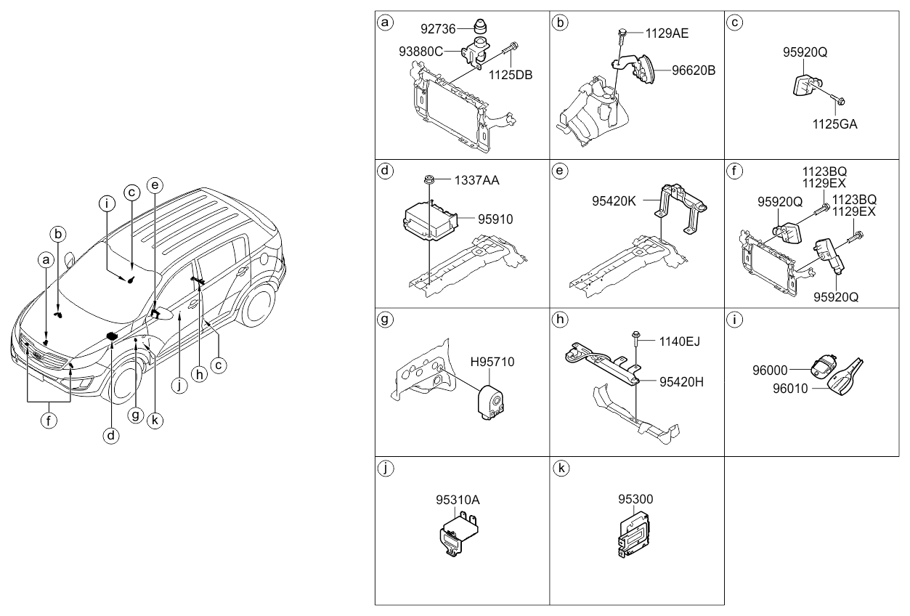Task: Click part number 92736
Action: coord(439,30)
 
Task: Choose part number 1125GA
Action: coord(834,123)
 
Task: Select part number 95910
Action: coord(497,217)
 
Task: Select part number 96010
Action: coord(788,389)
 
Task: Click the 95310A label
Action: coord(458,500)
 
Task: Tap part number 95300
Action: coord(635,500)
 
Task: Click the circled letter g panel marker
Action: coord(386,319)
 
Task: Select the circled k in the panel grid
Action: coord(560,468)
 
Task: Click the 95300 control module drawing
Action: coord(633,535)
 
